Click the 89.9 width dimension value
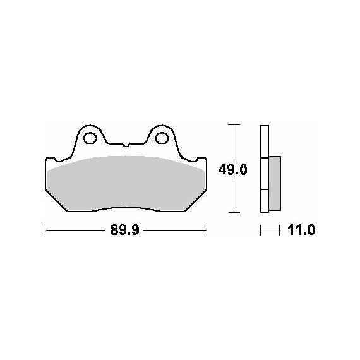tap(125, 230)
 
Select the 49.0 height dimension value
tap(232, 170)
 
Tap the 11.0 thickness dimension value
tap(301, 230)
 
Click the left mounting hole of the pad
tap(90, 138)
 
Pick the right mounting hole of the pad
tap(162, 138)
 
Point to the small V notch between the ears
tap(126, 145)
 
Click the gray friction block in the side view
tap(275, 183)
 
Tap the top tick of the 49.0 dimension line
tap(234, 124)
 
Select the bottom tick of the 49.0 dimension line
tap(234, 212)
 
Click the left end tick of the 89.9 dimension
tap(45, 230)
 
